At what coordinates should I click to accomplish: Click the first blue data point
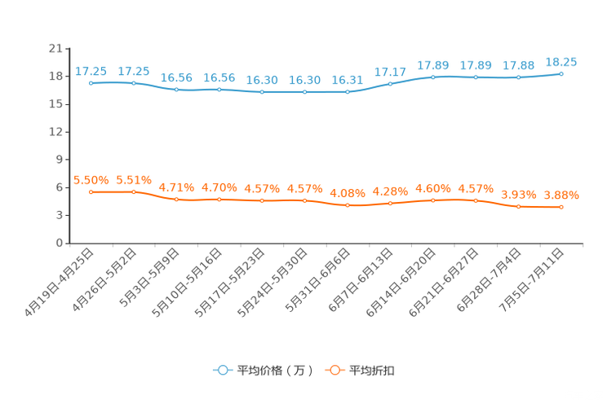[x=91, y=82]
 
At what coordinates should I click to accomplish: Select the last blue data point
[x=561, y=73]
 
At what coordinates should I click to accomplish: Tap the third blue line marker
[x=176, y=89]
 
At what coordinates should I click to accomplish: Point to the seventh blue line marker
[x=348, y=91]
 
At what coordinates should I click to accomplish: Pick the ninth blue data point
[x=432, y=77]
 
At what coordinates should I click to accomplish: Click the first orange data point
[x=91, y=191]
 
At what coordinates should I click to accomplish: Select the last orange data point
[x=561, y=208]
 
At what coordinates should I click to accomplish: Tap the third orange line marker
[x=176, y=199]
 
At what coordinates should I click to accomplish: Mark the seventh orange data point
[x=348, y=206]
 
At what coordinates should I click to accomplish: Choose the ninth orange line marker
[x=432, y=200]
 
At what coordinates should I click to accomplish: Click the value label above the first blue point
[x=91, y=72]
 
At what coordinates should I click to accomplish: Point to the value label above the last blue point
[x=561, y=61]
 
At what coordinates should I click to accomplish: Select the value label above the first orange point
[x=91, y=180]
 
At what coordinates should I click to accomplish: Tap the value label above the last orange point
[x=561, y=195]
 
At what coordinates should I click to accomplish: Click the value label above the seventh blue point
[x=348, y=80]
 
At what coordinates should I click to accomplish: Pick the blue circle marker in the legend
[x=223, y=370]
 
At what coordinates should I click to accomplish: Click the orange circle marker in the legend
[x=334, y=370]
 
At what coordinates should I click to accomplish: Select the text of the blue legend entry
[x=274, y=371]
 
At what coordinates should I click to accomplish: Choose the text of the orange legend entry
[x=372, y=371]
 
